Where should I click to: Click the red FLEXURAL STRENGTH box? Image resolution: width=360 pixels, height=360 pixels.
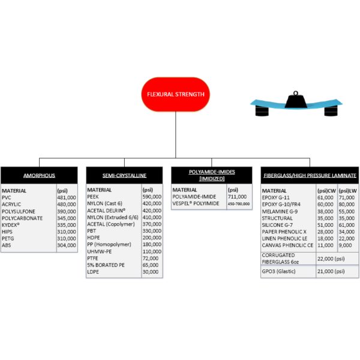click(175, 94)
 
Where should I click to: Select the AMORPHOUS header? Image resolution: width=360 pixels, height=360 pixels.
click(39, 176)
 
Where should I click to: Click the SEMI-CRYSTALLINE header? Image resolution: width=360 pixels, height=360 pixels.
click(125, 176)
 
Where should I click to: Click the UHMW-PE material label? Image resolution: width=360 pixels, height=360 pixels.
click(100, 250)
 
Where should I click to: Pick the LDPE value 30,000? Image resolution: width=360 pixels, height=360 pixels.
click(150, 271)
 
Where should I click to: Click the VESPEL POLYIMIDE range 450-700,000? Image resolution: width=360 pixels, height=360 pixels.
click(239, 204)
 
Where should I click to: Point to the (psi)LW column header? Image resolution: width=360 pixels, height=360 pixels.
click(346, 191)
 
